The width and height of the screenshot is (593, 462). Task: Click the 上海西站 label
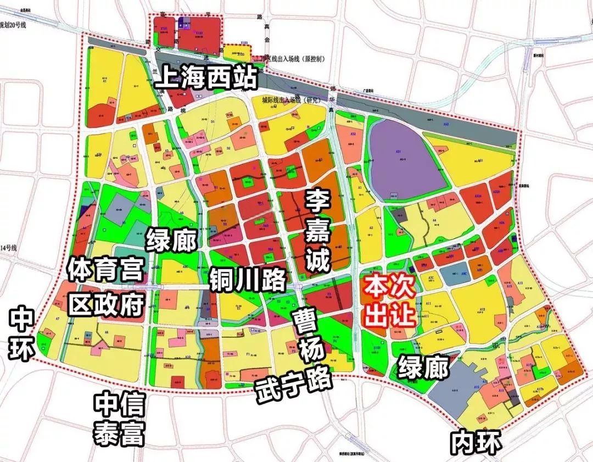click(x=206, y=79)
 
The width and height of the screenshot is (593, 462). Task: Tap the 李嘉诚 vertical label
click(x=318, y=231)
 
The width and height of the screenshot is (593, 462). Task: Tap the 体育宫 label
click(x=105, y=270)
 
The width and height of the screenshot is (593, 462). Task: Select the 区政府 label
click(x=106, y=303)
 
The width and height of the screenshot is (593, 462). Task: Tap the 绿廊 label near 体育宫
click(x=171, y=240)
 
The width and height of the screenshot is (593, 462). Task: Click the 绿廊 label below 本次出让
click(x=423, y=367)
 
